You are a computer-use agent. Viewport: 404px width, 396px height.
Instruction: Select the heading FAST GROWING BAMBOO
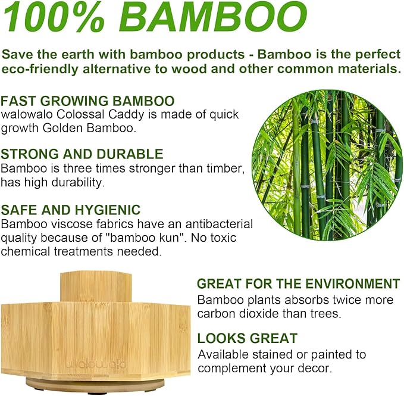point(87,100)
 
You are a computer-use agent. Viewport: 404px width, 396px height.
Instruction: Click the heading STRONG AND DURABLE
point(82,155)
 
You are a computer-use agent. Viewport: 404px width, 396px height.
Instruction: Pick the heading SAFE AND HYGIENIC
point(71,210)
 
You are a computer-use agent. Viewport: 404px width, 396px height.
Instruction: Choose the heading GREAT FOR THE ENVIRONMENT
point(298,283)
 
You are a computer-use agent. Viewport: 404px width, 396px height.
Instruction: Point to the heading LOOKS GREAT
point(247,339)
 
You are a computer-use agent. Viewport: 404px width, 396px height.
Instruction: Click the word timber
point(227,169)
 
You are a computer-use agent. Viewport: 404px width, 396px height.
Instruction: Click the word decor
point(313,368)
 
